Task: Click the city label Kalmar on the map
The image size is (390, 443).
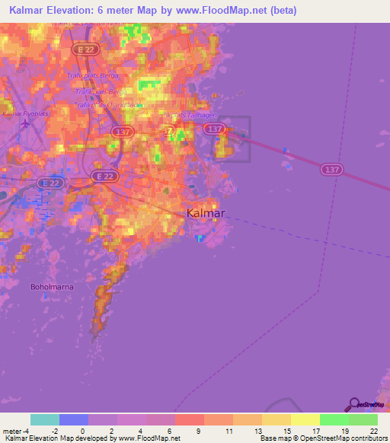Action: tap(206, 214)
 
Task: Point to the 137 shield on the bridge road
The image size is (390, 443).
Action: tap(330, 168)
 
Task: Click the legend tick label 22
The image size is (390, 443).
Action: tap(374, 430)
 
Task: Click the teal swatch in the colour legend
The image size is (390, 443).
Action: tap(44, 419)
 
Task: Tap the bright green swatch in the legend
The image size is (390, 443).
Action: tap(334, 419)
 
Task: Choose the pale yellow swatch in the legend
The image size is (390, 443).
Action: tap(305, 419)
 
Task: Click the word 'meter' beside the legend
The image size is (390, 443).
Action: tap(11, 430)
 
